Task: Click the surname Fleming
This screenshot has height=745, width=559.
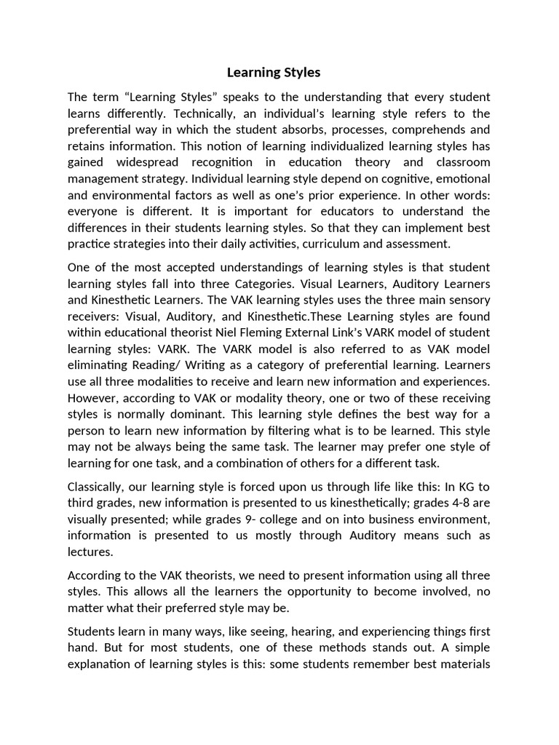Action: click(x=255, y=332)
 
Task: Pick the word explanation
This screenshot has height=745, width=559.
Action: click(x=101, y=663)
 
